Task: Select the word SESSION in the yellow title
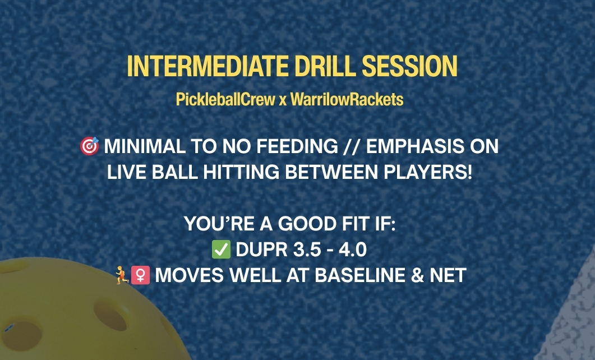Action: click(x=410, y=66)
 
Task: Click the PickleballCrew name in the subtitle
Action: click(x=225, y=99)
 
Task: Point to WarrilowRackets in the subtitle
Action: click(x=347, y=99)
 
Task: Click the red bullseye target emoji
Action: click(x=90, y=146)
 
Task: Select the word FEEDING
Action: click(x=297, y=146)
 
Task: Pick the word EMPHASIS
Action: click(x=415, y=146)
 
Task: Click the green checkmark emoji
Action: click(x=221, y=249)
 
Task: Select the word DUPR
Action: click(x=262, y=250)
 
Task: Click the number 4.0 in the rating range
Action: click(x=353, y=250)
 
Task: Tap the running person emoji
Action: click(x=122, y=275)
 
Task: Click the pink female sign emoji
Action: click(x=140, y=275)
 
